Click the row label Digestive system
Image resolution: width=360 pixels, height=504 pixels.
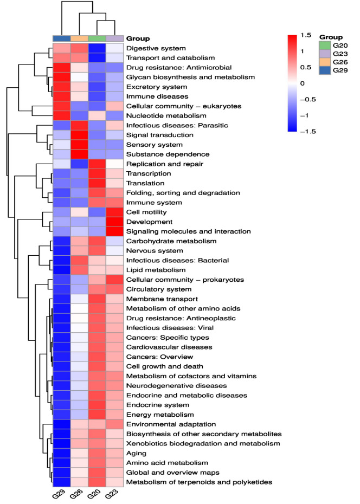pos(156,48)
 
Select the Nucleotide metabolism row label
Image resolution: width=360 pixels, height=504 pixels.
pos(166,116)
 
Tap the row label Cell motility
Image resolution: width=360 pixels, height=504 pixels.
pos(146,212)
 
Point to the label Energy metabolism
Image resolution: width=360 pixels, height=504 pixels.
pos(160,415)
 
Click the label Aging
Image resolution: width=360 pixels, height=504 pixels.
pos(136,453)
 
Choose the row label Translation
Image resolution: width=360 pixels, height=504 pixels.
pos(145,183)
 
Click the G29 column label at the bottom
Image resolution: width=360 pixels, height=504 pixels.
pos(59,493)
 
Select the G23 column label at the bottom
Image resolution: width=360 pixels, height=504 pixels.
pos(112,493)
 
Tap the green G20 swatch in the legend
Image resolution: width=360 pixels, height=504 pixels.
pos(325,46)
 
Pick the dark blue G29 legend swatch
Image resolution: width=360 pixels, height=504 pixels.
pos(325,70)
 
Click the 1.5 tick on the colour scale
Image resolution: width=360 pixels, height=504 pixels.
pos(306,35)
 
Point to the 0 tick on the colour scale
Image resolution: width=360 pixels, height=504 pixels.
pos(302,83)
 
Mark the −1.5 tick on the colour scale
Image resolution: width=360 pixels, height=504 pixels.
pos(308,131)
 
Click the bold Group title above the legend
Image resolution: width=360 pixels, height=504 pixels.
pos(331,37)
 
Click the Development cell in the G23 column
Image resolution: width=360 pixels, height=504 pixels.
pos(115,222)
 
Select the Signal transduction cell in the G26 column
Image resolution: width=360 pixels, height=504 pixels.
pos(79,135)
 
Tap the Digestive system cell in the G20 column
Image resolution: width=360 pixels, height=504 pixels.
pos(97,48)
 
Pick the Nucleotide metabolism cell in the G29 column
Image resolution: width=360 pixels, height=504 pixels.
pos(61,116)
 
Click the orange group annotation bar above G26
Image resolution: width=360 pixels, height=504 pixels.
pos(79,38)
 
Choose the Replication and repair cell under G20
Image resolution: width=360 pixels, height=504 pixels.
pos(97,164)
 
